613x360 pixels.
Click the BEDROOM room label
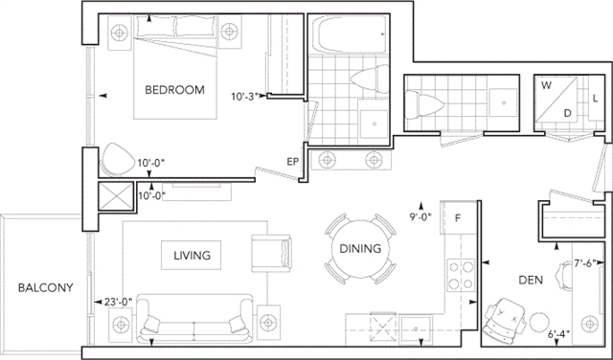(174, 89)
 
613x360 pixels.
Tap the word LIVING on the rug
(192, 256)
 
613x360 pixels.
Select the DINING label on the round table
(360, 248)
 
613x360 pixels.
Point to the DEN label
(531, 280)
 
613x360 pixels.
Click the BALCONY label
(46, 287)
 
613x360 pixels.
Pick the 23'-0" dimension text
(119, 302)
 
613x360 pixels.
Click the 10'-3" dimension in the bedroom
(245, 96)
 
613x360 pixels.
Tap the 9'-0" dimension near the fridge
(420, 217)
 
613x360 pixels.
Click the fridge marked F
(458, 217)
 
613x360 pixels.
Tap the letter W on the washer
(546, 85)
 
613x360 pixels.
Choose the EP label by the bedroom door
(293, 162)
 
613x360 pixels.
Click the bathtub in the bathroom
(349, 34)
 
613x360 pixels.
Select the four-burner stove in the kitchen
(461, 275)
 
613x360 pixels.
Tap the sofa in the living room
(194, 319)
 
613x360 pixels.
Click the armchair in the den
(505, 321)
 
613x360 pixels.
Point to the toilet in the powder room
(424, 104)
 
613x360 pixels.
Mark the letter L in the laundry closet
(595, 99)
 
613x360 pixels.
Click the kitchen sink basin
(416, 329)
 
